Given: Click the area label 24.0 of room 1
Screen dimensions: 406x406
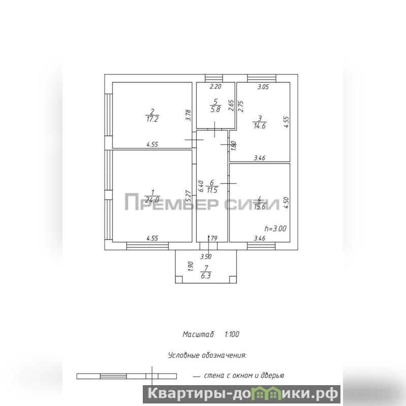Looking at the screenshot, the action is [152, 200].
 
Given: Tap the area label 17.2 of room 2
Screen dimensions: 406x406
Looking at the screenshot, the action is [152, 119].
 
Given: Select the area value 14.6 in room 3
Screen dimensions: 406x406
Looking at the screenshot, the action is [260, 126].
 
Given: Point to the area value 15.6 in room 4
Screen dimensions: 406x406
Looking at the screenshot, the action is [260, 207].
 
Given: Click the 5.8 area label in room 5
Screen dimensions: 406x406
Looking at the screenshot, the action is [215, 109].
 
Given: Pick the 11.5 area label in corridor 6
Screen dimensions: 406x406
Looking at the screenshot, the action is [212, 191].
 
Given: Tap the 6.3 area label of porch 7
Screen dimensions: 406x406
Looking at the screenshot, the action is [206, 276].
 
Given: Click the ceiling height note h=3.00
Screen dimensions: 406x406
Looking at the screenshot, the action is [275, 229].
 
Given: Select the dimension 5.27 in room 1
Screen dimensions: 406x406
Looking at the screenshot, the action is [189, 196].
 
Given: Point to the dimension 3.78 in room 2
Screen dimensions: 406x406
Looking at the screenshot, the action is [189, 115].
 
